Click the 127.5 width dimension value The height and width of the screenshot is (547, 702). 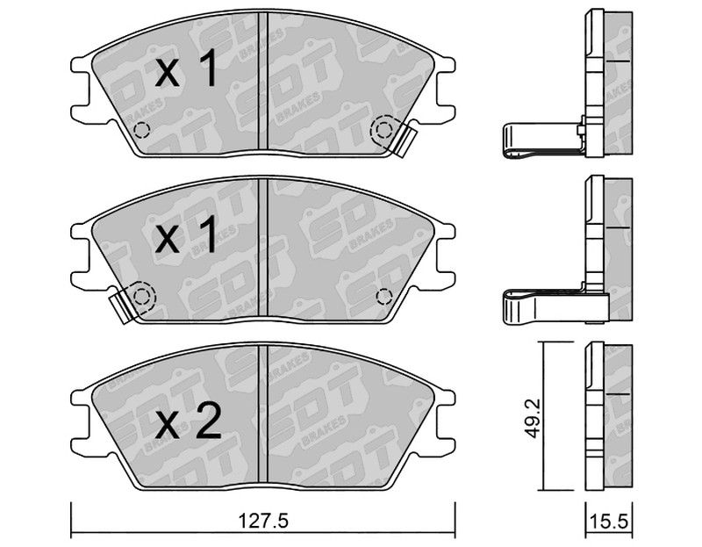(x=263, y=521)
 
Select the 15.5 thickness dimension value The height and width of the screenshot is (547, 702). (x=609, y=522)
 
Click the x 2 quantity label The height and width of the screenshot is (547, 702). (x=189, y=421)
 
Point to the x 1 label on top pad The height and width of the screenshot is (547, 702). (x=187, y=68)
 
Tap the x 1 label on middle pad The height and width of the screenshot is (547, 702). (x=186, y=235)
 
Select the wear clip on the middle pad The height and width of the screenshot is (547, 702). (x=121, y=305)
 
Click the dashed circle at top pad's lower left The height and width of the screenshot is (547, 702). (x=142, y=130)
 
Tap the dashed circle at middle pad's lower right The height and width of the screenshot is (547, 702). (x=384, y=297)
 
